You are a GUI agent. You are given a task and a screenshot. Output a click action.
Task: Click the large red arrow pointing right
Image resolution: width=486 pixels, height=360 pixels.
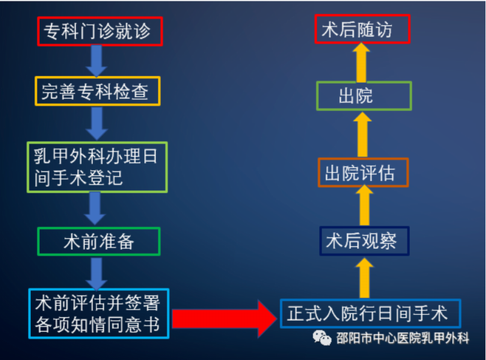[x=224, y=319]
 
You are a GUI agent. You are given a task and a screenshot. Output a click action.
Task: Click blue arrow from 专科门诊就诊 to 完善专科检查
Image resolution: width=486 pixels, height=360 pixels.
[x=97, y=61]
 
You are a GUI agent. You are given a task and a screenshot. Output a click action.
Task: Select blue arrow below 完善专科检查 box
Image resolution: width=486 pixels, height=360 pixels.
[x=97, y=123]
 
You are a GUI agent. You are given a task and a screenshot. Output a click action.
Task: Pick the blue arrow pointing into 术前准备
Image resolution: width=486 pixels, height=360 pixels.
[x=95, y=208]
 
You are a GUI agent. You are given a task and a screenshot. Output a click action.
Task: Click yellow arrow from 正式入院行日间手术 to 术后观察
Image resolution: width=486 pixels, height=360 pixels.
[x=365, y=278]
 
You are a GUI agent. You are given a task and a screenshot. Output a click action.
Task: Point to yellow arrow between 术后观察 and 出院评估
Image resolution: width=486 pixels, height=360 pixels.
[x=364, y=205]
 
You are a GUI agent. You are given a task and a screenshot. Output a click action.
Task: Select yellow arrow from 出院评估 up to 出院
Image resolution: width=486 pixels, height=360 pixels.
[x=363, y=135]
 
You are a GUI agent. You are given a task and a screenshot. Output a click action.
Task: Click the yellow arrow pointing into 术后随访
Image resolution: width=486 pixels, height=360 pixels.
[x=361, y=63]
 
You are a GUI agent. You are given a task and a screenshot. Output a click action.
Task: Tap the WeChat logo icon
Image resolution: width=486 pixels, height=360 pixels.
[x=322, y=337]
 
